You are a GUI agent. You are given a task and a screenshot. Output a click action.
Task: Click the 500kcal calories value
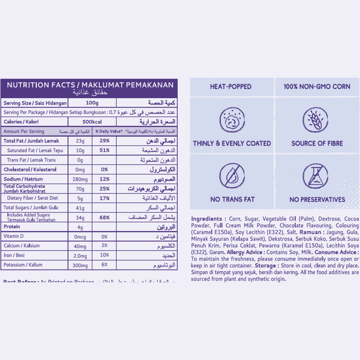point(93,121)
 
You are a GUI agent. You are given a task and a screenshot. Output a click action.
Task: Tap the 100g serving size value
point(93,103)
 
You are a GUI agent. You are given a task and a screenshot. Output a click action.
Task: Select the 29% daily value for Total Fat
point(104,140)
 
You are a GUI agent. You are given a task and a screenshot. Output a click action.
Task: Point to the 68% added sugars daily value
point(104,217)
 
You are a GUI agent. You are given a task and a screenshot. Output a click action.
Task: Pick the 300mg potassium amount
point(80,265)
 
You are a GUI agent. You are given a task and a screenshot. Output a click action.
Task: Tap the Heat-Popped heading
point(231,87)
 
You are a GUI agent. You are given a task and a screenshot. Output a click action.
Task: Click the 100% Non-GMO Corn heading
point(317,87)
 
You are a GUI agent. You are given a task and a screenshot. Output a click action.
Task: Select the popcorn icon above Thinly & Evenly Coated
point(231,120)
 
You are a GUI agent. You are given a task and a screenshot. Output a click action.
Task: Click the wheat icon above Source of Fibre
point(317,120)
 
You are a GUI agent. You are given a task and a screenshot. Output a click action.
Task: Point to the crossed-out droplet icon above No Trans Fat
point(231,176)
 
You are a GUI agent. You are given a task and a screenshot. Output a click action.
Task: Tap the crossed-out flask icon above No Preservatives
point(317,176)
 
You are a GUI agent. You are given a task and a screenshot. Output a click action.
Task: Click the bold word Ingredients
point(208,219)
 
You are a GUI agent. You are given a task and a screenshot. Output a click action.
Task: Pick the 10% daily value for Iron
point(104,255)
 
